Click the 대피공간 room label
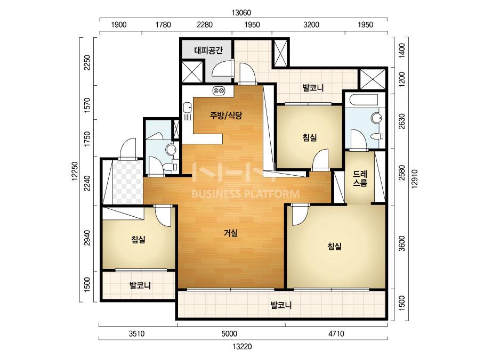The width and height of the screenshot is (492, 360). pos(208,50)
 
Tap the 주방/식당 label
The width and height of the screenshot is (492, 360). pos(226,116)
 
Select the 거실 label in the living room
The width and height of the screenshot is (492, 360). pos(231,233)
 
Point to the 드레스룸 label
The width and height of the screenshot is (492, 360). pos(360,178)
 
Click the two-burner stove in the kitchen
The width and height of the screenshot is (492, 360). pos(219,91)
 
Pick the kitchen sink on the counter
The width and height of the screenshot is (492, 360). pos(188,108)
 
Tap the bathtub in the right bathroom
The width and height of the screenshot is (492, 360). pos(365,100)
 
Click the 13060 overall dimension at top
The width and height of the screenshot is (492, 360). pos(241,13)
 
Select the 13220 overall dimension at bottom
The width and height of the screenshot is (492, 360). pos(242,347)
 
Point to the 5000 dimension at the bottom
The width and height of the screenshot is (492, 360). pos(229,334)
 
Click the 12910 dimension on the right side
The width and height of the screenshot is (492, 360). pos(415,179)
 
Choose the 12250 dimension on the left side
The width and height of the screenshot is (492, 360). pos(75,171)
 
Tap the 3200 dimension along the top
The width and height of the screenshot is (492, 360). pos(311,24)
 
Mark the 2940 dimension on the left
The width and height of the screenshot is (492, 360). pos(87,238)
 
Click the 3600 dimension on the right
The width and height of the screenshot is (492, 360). pos(401,243)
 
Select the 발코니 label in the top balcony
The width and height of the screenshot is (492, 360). pos(313,87)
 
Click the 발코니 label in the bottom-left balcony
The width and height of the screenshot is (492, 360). pos(140,285)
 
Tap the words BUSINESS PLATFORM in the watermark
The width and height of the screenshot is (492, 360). pos(245,194)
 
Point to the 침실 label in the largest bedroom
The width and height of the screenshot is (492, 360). pos(334,246)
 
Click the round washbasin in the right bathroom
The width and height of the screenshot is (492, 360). pos(376,119)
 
